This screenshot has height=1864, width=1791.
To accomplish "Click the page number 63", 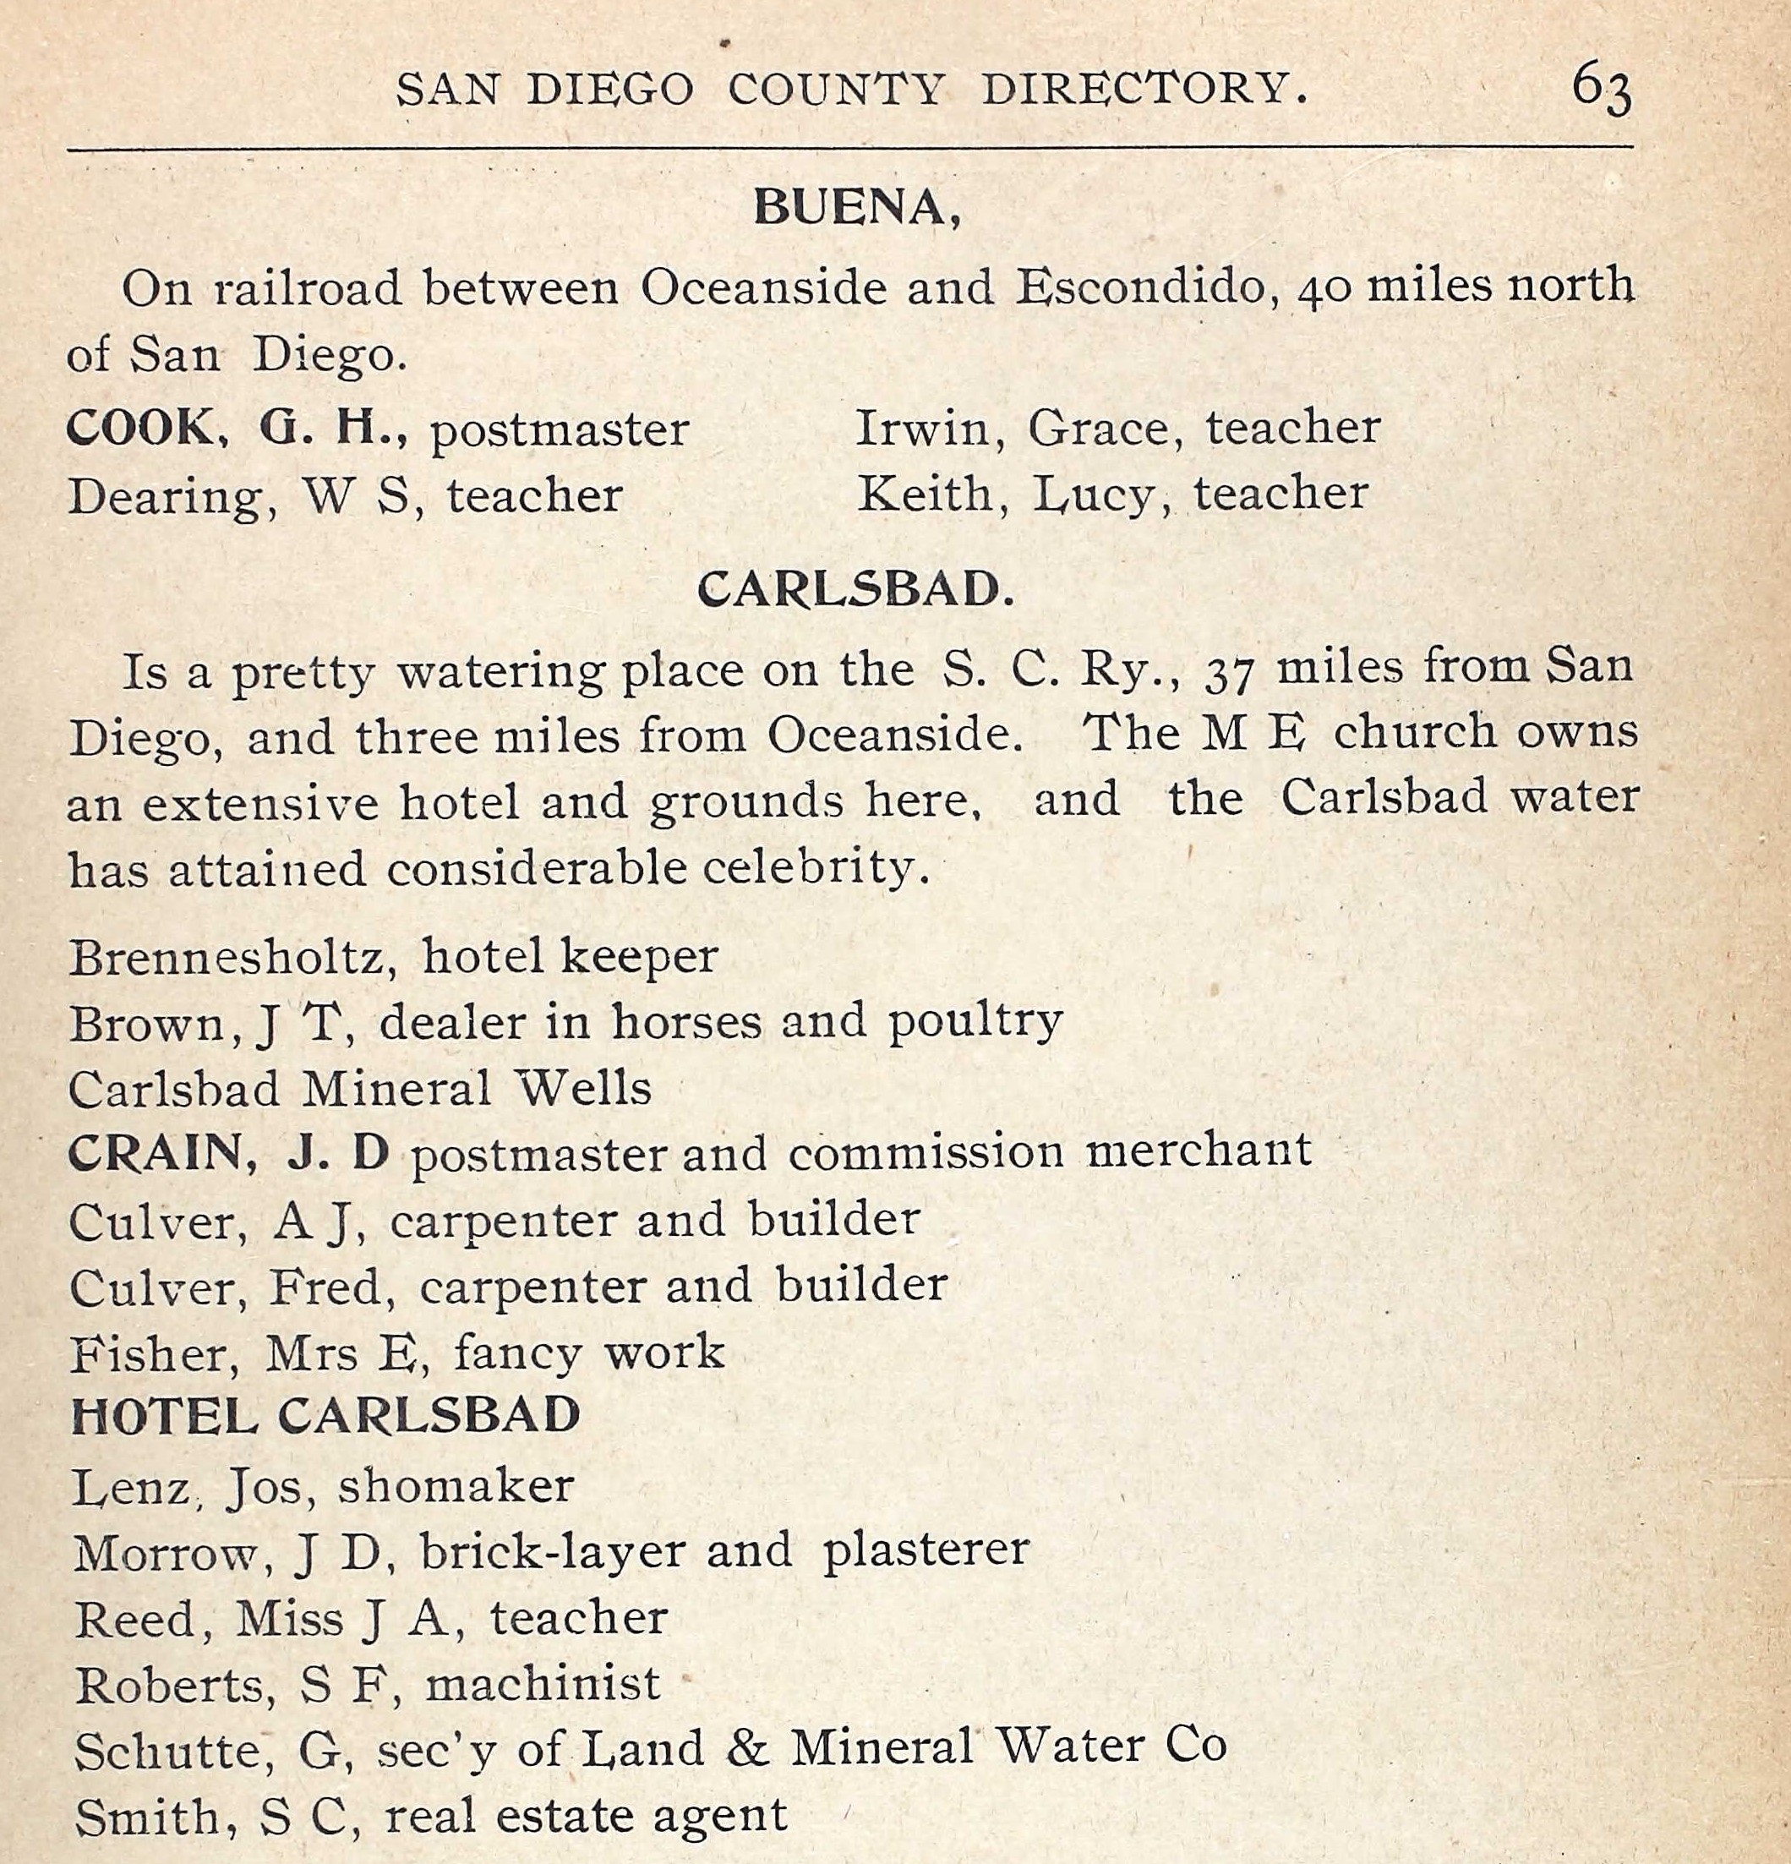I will pos(1602,89).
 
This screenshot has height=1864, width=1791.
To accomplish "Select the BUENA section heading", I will pos(855,208).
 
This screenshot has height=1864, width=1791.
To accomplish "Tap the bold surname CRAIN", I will pos(155,1154).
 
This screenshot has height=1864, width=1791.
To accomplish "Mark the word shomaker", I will pos(456,1485).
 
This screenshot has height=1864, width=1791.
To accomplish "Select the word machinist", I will pos(542,1684).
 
